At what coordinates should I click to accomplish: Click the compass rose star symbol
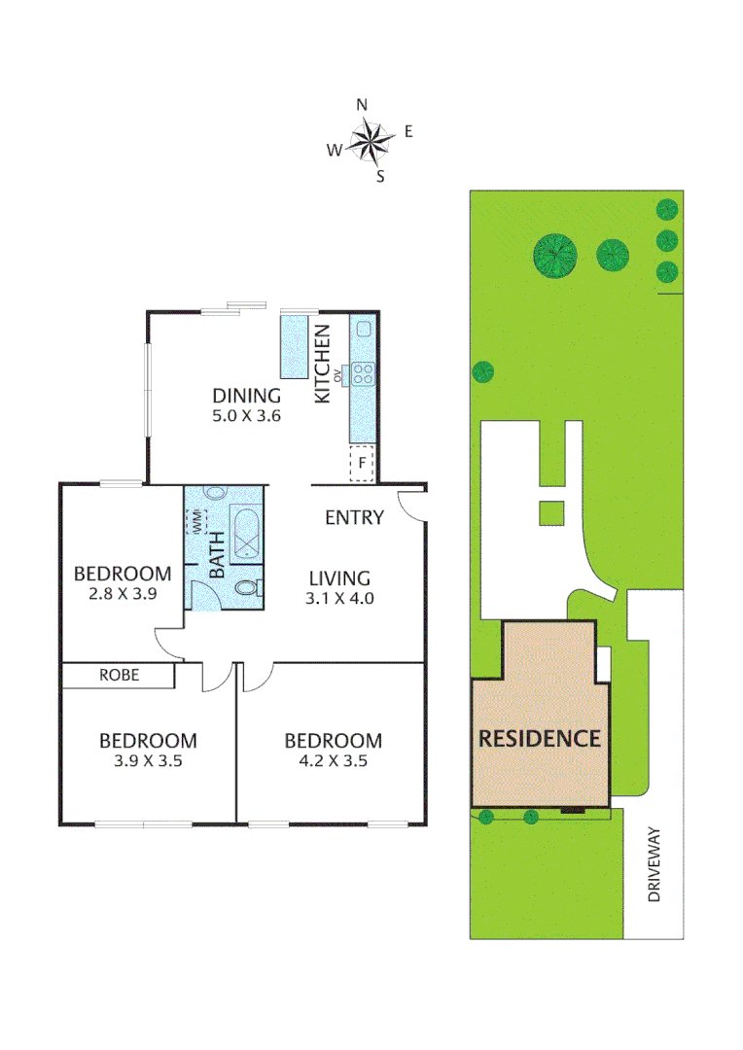point(370,142)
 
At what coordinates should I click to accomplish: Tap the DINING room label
point(247,396)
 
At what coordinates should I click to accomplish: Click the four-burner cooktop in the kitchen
point(364,372)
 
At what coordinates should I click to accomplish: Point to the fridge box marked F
point(363,464)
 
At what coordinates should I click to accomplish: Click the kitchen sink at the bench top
point(363,329)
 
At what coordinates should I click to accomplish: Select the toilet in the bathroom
point(248,589)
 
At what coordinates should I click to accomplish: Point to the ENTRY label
point(354,518)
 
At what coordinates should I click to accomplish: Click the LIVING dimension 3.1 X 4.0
point(340,598)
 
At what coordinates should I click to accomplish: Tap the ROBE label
point(119,675)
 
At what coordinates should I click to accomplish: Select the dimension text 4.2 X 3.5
point(333,761)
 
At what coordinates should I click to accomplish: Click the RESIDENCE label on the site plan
point(540,738)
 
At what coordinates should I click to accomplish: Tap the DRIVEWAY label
point(655,865)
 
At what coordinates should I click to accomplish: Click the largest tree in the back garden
point(555,254)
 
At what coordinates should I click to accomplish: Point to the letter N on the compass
point(362,105)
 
